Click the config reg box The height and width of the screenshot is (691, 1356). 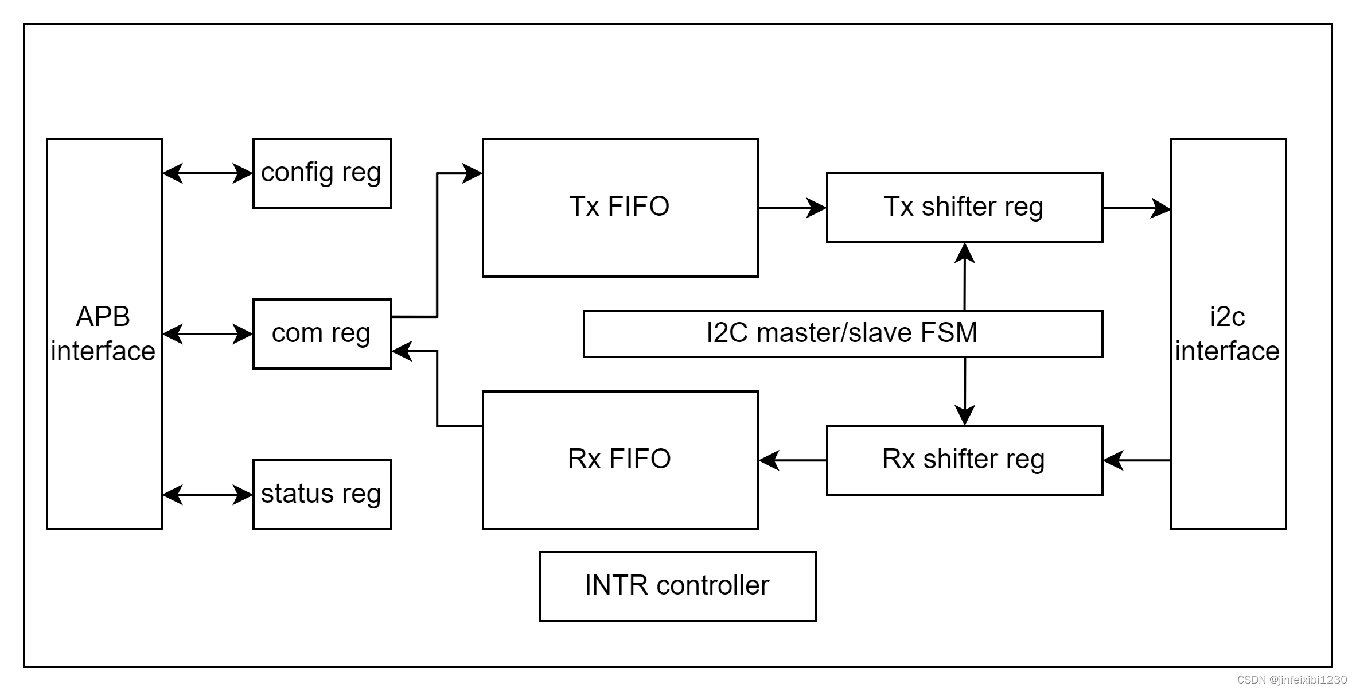pos(322,173)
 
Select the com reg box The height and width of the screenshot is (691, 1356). pos(322,334)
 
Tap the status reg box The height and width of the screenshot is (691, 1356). pos(322,495)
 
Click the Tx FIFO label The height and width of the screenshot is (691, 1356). pos(619,207)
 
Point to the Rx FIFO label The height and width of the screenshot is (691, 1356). pos(619,459)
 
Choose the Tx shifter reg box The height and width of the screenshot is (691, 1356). pos(965,208)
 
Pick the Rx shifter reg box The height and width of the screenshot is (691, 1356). pos(965,460)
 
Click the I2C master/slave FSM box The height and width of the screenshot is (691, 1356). pos(843,334)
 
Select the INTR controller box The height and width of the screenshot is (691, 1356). pos(678,587)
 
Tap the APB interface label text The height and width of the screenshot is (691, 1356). pos(103,334)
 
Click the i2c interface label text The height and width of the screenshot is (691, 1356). pos(1228,334)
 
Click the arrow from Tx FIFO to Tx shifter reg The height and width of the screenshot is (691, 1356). pos(793,208)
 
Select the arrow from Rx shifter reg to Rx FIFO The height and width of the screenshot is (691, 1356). pos(793,460)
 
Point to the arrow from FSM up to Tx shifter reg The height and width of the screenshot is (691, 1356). pos(965,277)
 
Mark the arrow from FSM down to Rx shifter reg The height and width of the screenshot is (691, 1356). pos(965,391)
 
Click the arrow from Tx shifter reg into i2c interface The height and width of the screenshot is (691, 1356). pos(1137,208)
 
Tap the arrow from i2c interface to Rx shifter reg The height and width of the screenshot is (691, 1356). pos(1137,460)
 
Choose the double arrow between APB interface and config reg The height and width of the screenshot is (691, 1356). pos(208,173)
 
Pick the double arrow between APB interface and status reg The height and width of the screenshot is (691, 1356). pos(208,495)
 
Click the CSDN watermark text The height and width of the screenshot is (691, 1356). pos(1292,680)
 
